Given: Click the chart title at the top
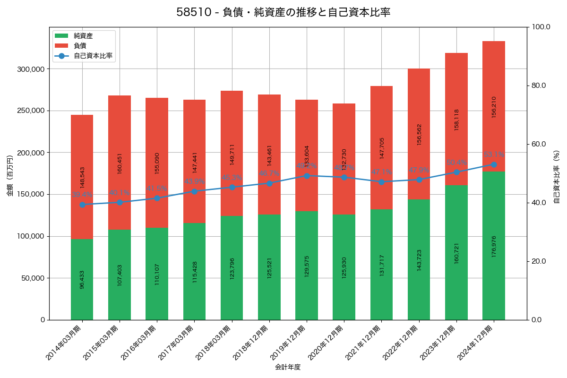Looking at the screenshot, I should click(x=283, y=12).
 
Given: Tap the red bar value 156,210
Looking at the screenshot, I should click(x=494, y=107).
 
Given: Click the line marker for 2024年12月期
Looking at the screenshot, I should click(x=494, y=164).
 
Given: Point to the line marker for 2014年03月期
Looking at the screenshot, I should click(x=82, y=205).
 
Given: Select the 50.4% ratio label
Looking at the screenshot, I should click(x=456, y=163).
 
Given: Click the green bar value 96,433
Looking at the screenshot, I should click(x=82, y=279).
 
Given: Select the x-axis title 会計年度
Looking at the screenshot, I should click(x=288, y=367).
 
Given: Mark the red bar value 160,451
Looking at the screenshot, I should click(x=120, y=163).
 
